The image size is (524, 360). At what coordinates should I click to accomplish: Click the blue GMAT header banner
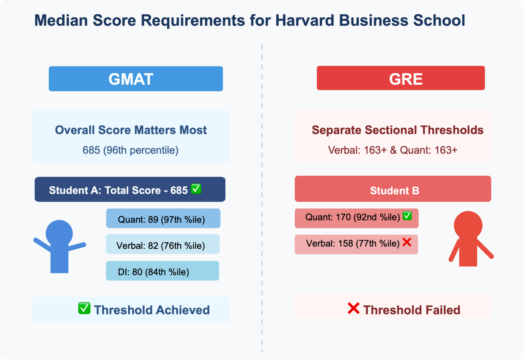[x=136, y=79]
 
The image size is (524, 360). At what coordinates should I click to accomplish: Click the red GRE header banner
[x=401, y=78]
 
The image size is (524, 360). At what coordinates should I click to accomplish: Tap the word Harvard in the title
[x=304, y=20]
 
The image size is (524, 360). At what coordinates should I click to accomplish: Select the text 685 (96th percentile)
[x=130, y=150]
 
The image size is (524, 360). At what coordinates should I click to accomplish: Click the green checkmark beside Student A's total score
[x=196, y=189]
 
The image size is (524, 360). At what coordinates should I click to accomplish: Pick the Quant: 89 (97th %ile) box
[x=163, y=218]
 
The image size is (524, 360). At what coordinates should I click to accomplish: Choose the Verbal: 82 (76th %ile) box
[x=162, y=244]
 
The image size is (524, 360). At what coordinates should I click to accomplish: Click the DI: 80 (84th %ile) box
[x=162, y=271]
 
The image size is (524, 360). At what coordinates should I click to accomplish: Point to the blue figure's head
[x=59, y=233]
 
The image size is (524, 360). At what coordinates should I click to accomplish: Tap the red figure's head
[x=468, y=225]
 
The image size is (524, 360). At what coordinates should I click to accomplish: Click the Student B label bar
[x=393, y=189]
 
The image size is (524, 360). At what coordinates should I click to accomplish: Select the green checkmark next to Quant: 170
[x=407, y=216]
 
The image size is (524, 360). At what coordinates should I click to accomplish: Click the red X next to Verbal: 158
[x=407, y=242]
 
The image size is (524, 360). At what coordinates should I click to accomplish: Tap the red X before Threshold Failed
[x=353, y=308]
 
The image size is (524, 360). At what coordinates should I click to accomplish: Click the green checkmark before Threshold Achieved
[x=84, y=308]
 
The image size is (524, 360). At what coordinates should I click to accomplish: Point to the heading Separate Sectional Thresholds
[x=397, y=130]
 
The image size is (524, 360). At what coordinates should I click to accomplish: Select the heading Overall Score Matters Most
[x=131, y=130]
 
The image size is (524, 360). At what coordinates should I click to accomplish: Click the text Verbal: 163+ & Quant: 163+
[x=392, y=150]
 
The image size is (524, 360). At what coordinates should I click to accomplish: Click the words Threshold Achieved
[x=152, y=310]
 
